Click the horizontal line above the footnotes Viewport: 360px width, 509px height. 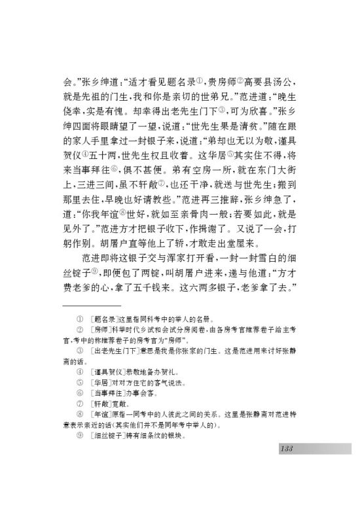92,305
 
